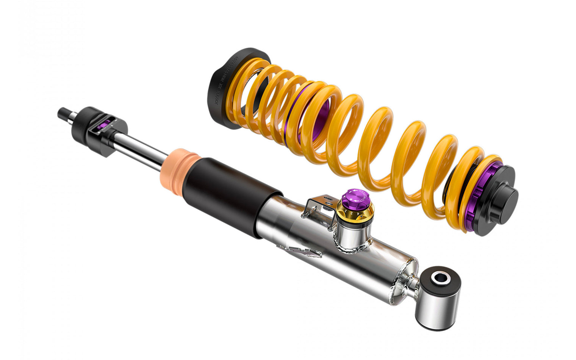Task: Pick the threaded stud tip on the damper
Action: [63, 113]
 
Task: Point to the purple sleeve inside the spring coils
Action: [318, 114]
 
